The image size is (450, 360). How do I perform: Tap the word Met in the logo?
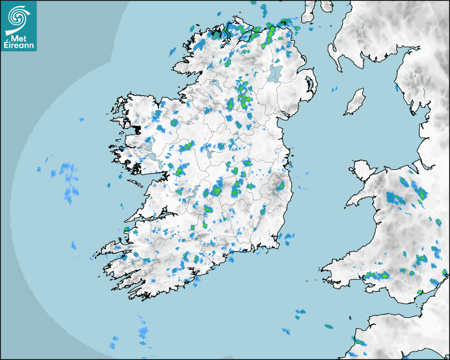point(18,38)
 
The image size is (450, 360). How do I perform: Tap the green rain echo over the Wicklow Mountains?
point(279,186)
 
